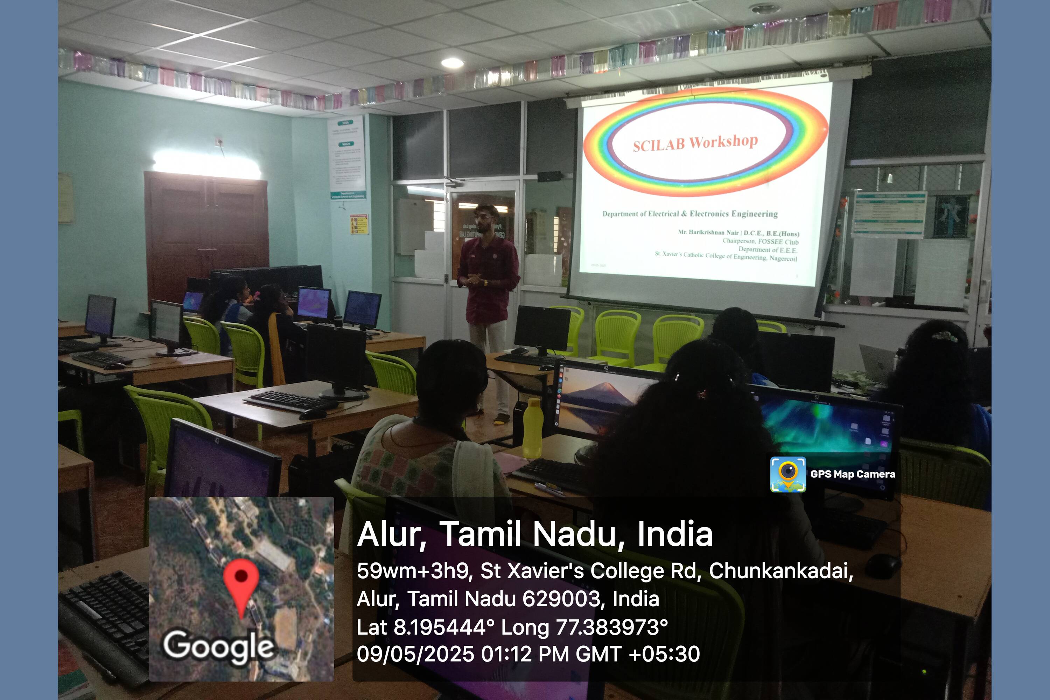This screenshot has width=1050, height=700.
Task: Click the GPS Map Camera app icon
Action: [x=788, y=474]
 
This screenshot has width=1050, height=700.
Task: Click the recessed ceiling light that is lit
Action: [x=452, y=63]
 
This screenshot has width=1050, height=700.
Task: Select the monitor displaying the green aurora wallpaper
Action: [x=826, y=424]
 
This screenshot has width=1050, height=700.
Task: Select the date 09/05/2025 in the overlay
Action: [x=415, y=654]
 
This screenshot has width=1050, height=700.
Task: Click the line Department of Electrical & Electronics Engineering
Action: [x=690, y=214]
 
